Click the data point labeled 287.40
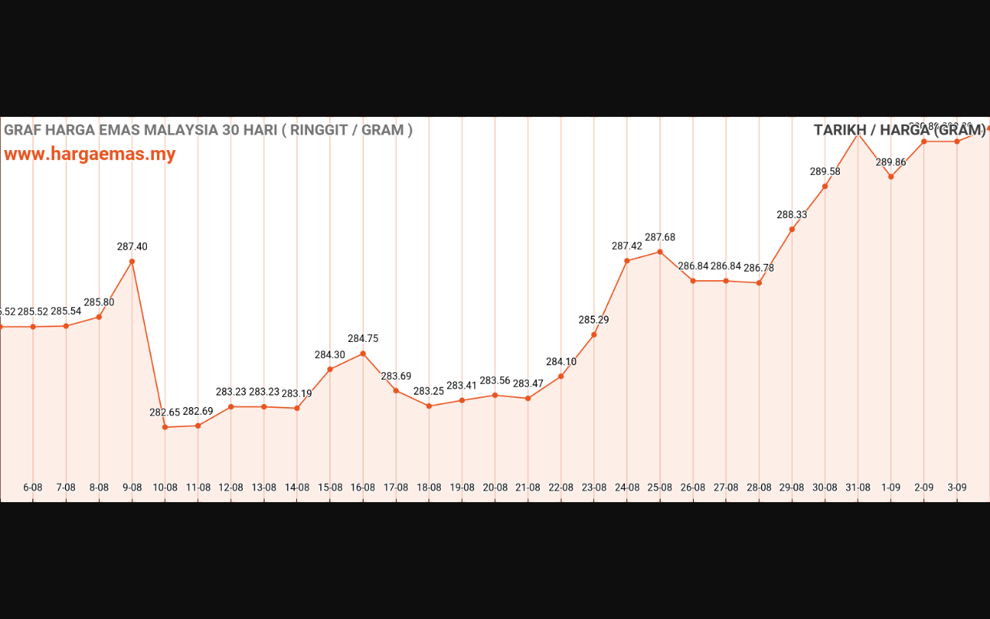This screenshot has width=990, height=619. [x=132, y=262]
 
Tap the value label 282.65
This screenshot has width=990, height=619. [x=165, y=412]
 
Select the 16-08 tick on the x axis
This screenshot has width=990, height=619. [x=363, y=487]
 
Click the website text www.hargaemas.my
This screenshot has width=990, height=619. [x=90, y=154]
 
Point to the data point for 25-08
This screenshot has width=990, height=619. [x=660, y=251]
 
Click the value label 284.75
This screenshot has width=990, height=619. [x=363, y=339]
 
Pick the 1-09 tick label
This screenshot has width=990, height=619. [x=890, y=487]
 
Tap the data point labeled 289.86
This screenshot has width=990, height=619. [x=891, y=176]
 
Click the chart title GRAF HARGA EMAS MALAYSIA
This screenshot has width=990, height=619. [x=208, y=130]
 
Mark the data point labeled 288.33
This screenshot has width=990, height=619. [x=792, y=229]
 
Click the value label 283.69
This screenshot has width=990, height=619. [x=396, y=377]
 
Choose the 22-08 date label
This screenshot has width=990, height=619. [x=561, y=487]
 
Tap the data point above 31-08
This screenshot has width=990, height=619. [x=858, y=134]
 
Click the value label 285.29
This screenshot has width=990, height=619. [x=594, y=320]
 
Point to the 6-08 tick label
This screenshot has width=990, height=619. [x=32, y=487]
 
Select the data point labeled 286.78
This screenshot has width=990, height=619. [x=759, y=282]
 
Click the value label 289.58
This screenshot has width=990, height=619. [x=825, y=172]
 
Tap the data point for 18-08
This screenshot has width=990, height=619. [x=429, y=406]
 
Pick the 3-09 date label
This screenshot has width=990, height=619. [x=957, y=487]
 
